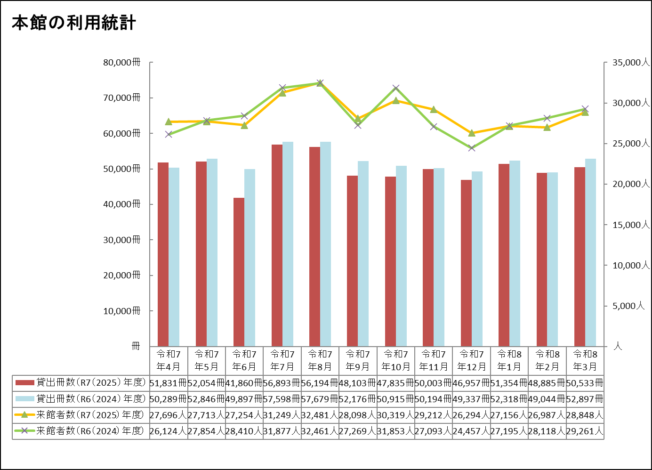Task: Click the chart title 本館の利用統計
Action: [74, 23]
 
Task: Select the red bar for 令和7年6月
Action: [239, 272]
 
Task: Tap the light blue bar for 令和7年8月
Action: [325, 244]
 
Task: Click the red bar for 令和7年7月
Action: [277, 245]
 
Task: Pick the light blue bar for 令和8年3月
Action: [590, 252]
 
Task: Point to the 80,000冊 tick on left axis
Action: [122, 63]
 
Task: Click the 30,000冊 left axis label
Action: [122, 240]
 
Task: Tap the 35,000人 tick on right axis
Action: [630, 63]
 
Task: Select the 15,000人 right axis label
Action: [630, 225]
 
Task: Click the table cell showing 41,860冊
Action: [244, 383]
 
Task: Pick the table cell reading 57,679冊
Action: [320, 399]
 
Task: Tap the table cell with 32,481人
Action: [320, 415]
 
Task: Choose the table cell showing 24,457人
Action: [471, 431]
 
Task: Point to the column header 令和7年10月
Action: [395, 360]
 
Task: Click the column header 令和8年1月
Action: [509, 360]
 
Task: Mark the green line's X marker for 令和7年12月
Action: [472, 148]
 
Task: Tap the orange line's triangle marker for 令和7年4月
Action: [169, 122]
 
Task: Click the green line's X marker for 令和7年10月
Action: [396, 88]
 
